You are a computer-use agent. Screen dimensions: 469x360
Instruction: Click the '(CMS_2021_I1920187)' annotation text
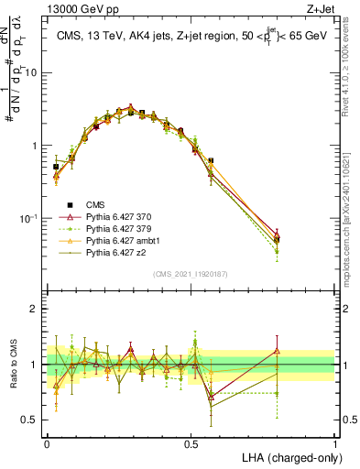coord(191,274)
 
